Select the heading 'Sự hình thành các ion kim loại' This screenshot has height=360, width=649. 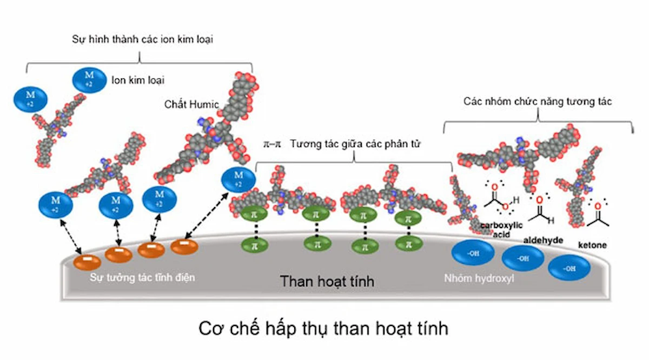[x=142, y=40]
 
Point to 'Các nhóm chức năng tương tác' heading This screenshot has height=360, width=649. [x=538, y=102]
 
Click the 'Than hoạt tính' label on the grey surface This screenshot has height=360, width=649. [x=327, y=282]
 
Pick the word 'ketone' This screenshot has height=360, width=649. [x=592, y=245]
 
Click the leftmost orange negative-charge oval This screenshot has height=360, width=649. [x=88, y=262]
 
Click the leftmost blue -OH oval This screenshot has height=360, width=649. [x=473, y=252]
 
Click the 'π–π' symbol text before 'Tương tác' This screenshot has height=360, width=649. [x=269, y=144]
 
